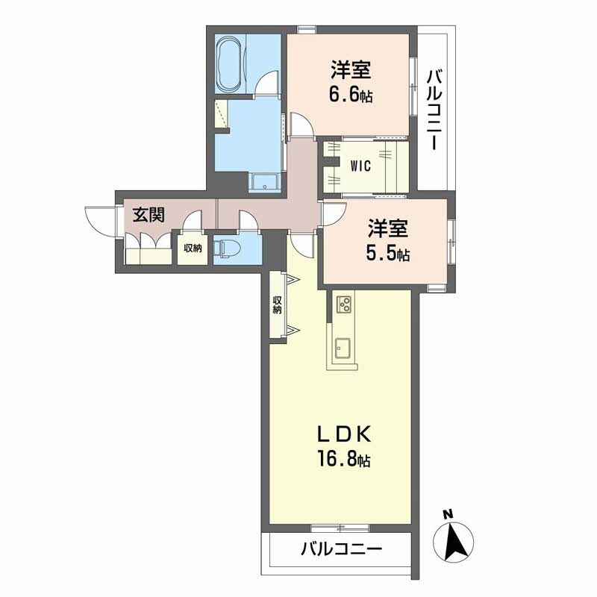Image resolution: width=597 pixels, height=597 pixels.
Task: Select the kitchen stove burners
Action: coord(345,304)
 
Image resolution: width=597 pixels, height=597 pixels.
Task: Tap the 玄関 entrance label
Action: coord(149,216)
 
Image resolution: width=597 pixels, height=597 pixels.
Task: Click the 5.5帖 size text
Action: coord(387,254)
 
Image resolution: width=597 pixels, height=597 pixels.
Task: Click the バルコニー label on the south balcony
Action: coord(341,550)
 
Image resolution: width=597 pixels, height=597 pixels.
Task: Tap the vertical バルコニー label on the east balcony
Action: coord(435,109)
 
